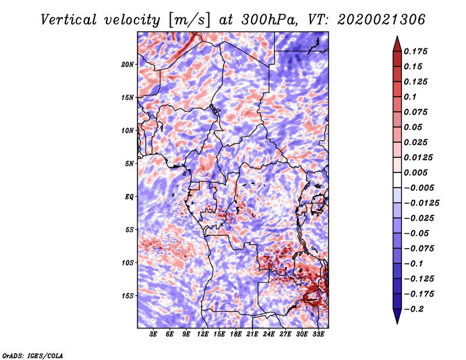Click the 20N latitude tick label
(128, 65)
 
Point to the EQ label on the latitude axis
(129, 197)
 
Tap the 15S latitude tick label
(128, 296)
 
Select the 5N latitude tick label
(129, 164)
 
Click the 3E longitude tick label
(153, 334)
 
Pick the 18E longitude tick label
(236, 334)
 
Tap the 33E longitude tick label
(318, 334)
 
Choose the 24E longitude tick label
(269, 334)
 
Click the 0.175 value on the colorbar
(415, 51)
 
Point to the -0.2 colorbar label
(414, 309)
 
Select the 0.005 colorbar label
(415, 172)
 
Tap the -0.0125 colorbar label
(421, 203)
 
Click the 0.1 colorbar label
(410, 97)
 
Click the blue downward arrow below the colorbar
(397, 316)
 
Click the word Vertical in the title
(68, 20)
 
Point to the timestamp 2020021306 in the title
(381, 20)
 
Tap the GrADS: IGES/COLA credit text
(33, 355)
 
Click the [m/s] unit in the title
(189, 20)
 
